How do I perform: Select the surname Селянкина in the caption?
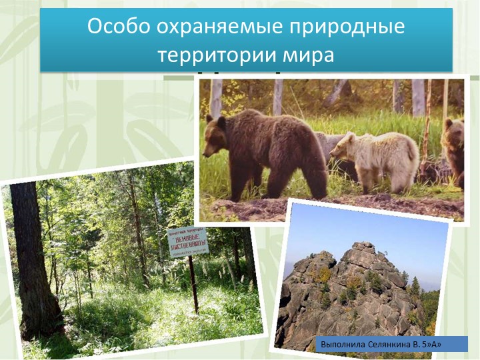click(395, 345)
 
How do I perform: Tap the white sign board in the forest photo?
click(187, 241)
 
